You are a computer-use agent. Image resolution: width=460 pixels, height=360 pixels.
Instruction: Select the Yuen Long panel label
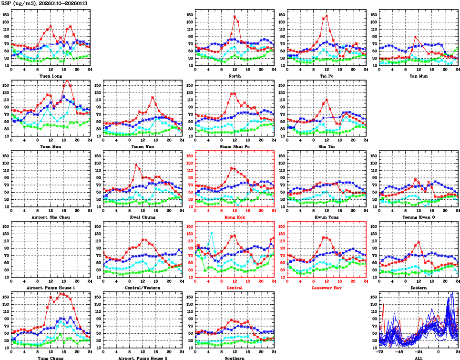(x=50, y=76)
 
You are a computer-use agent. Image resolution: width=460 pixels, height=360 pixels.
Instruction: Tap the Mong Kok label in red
(x=235, y=217)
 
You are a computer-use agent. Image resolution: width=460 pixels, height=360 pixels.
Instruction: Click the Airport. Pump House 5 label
(x=143, y=358)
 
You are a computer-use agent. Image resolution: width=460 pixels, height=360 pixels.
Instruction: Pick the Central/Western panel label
(x=143, y=288)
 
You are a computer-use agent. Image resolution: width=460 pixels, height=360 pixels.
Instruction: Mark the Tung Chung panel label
(x=50, y=358)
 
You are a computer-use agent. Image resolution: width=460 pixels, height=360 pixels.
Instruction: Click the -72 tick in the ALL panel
(x=380, y=352)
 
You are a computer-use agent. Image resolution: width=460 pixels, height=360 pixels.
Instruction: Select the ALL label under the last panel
(x=419, y=358)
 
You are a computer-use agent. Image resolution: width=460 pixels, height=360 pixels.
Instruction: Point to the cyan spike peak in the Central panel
(x=212, y=233)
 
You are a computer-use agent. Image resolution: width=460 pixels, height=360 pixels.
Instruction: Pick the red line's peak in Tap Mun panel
(x=416, y=37)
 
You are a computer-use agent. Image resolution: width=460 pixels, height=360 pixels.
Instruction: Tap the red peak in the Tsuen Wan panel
(x=153, y=98)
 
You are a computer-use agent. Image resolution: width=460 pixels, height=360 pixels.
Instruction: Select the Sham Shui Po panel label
(x=235, y=146)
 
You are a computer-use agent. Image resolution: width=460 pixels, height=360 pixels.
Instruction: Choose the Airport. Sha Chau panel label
(x=50, y=217)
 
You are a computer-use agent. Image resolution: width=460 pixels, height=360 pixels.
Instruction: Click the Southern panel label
(x=235, y=358)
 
